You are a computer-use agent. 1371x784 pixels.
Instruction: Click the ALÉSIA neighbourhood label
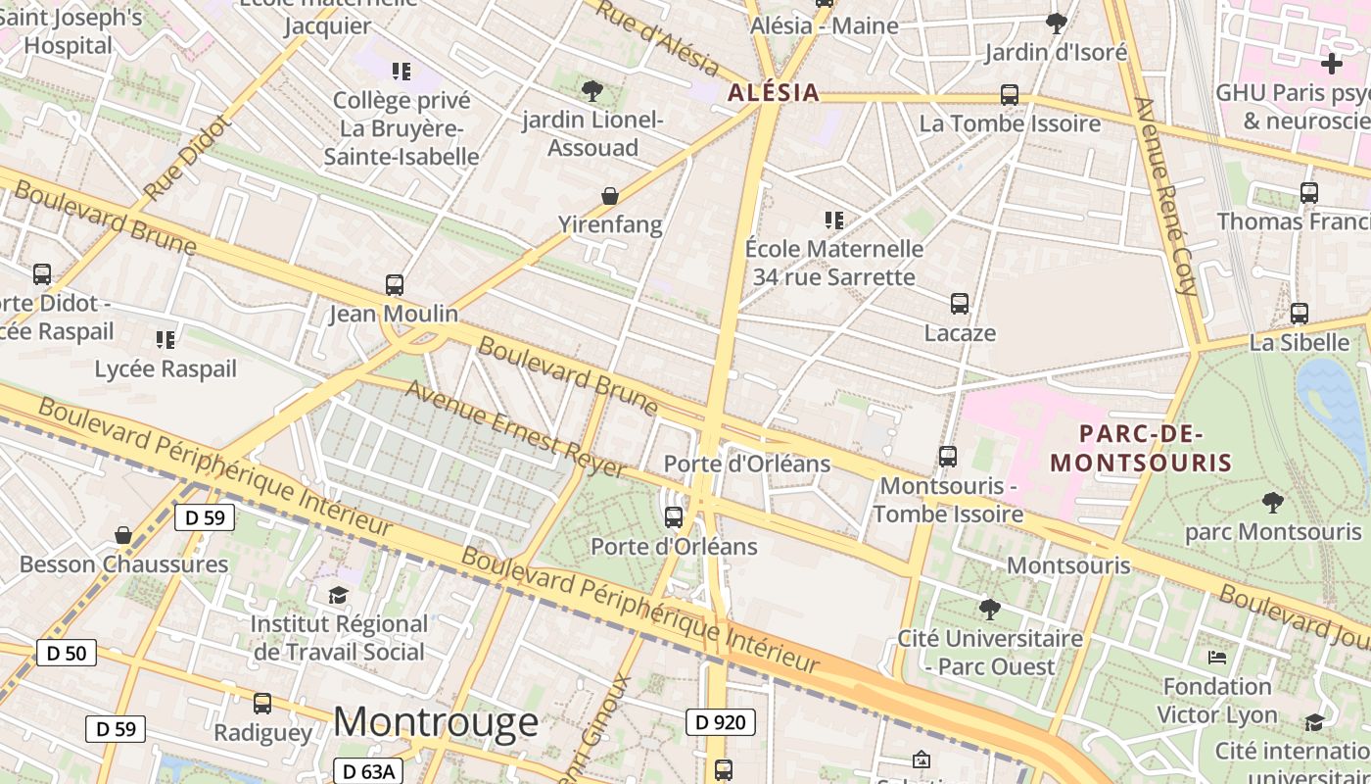coord(774,93)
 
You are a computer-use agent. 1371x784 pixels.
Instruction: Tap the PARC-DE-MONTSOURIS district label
coord(1141,448)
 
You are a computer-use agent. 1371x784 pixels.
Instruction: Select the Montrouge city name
coord(436,722)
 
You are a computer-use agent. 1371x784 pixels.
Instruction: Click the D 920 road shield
coord(721,723)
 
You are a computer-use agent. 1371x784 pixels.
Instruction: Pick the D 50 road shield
coord(67,653)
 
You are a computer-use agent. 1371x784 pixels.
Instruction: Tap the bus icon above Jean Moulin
coord(395,285)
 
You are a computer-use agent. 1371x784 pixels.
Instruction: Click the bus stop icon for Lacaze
coord(960,304)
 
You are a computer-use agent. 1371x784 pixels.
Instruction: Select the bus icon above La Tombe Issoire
coord(1010,95)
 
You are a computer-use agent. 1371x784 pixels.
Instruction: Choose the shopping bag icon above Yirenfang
coord(610,196)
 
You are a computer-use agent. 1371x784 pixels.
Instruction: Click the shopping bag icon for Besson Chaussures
coord(123,535)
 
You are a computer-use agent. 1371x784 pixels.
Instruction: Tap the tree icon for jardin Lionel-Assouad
coord(591,91)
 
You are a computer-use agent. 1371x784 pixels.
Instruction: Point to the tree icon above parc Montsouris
coord(1272,503)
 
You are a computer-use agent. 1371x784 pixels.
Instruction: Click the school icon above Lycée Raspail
coord(165,340)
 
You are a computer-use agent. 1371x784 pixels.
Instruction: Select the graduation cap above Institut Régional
coord(338,595)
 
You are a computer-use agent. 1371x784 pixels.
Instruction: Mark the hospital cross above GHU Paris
coord(1331,64)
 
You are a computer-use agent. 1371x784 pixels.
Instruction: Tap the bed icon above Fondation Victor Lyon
coord(1217,657)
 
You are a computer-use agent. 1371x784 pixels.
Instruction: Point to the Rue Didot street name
coord(185,158)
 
